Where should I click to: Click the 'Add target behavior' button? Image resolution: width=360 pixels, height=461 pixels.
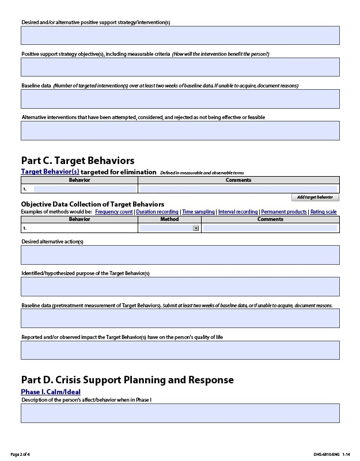[x=315, y=197]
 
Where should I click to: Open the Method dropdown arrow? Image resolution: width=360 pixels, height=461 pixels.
[x=196, y=228]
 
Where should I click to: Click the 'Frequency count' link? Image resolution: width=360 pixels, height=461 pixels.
[x=114, y=212]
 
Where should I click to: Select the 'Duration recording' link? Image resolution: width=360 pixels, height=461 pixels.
[x=157, y=212]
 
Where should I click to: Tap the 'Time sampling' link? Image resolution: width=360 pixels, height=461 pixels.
[x=198, y=212]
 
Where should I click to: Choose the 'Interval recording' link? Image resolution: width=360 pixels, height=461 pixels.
[x=238, y=212]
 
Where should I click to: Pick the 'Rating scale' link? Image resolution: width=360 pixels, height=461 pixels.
[x=323, y=212]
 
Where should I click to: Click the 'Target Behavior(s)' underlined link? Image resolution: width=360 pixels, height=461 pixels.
[x=50, y=172]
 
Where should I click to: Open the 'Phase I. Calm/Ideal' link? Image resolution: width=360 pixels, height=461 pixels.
[x=51, y=392]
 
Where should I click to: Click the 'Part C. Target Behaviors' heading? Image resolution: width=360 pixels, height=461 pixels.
[x=78, y=161]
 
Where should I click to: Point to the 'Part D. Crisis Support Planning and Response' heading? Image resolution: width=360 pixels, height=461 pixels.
[x=127, y=380]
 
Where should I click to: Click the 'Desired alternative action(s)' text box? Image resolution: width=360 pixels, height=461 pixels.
[x=180, y=255]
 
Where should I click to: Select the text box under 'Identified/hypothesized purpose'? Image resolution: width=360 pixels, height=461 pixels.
[x=180, y=287]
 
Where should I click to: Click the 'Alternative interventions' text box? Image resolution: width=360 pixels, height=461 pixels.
[x=180, y=131]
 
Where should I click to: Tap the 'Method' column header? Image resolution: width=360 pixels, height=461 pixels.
[x=169, y=219]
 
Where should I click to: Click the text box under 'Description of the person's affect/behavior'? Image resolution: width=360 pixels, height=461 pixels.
[x=180, y=413]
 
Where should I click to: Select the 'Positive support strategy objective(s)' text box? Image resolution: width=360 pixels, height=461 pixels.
[x=180, y=67]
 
